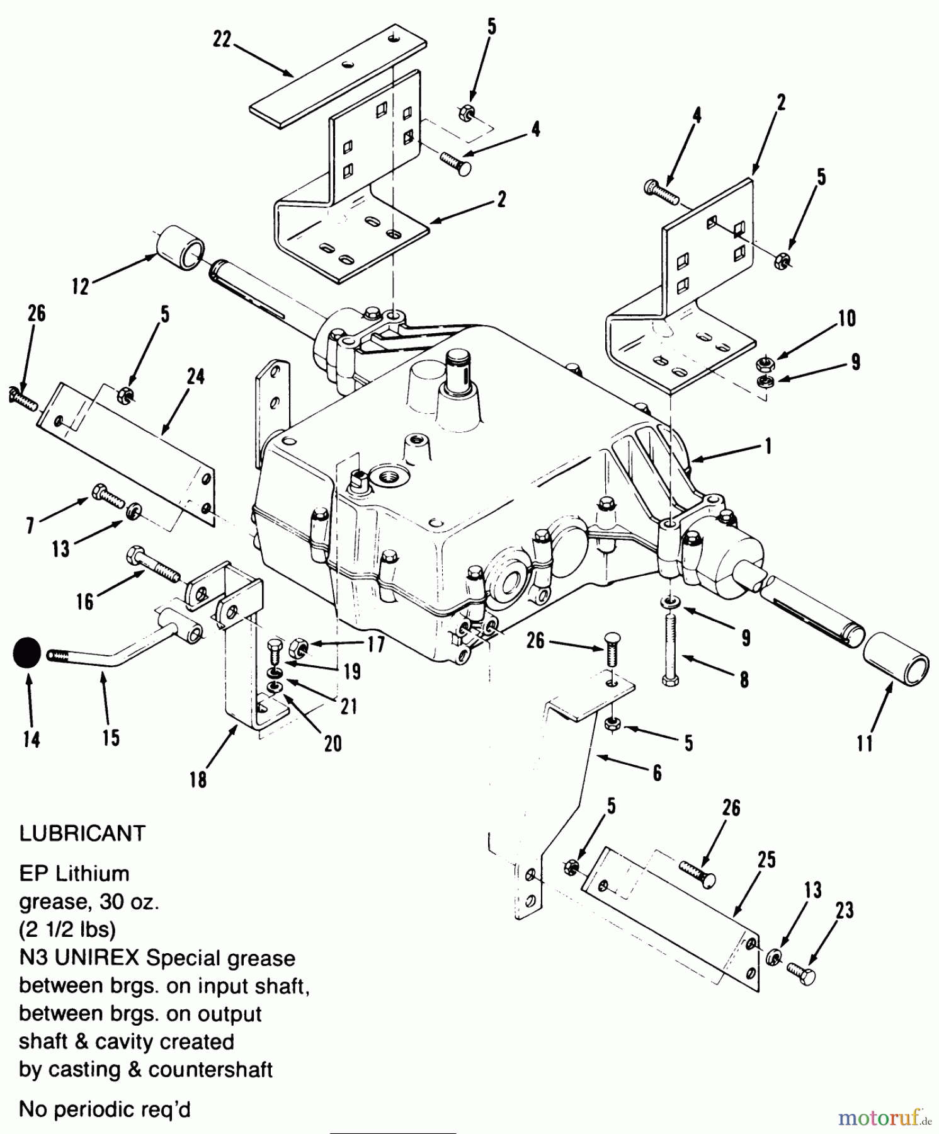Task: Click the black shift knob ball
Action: coord(26,654)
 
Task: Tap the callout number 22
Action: coord(222,40)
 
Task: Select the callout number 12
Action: coord(81,287)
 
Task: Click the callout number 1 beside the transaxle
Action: coord(768,446)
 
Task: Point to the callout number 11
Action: coord(865,743)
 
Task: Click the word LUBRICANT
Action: coord(83,833)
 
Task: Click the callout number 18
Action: coord(198,780)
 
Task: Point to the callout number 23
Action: coord(845,910)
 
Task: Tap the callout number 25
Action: coord(766,860)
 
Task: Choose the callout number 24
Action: coord(196,377)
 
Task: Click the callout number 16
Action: coord(84,601)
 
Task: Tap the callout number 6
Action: coord(657,773)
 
